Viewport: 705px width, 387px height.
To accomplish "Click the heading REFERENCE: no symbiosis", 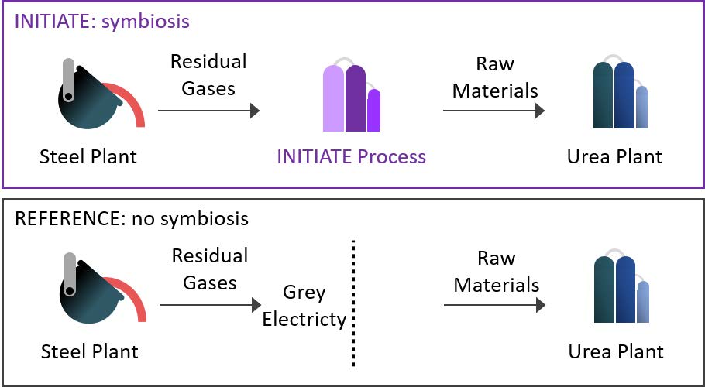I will click(132, 218).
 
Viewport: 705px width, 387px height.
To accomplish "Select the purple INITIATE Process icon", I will click(351, 97).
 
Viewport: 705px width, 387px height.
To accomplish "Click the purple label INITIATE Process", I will click(352, 157).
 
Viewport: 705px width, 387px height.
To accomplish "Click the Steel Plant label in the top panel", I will click(88, 157).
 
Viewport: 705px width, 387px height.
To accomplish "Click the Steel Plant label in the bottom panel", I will click(89, 351).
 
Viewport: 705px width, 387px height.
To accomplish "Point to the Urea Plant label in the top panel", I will click(615, 157).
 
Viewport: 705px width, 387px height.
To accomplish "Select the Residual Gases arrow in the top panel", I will click(208, 111).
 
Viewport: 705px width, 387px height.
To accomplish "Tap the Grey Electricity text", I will click(304, 307).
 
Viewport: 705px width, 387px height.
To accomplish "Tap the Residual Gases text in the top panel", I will click(208, 74).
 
